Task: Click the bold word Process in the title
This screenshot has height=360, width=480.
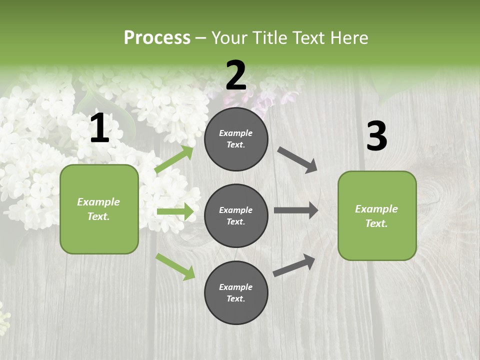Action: click(x=157, y=37)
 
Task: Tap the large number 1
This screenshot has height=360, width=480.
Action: click(x=99, y=129)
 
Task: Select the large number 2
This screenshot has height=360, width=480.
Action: click(x=236, y=75)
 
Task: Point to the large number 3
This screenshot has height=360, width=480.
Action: click(x=376, y=136)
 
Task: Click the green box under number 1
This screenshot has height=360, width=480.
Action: click(x=99, y=209)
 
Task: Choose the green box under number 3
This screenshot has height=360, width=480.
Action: click(x=377, y=215)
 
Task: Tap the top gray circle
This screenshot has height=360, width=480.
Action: click(x=236, y=139)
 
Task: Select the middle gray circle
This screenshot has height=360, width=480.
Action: click(x=236, y=215)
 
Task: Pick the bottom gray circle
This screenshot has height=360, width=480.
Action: click(x=236, y=292)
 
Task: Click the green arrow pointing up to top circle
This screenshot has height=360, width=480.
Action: click(x=174, y=159)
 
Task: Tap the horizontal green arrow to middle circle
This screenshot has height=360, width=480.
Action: click(x=174, y=211)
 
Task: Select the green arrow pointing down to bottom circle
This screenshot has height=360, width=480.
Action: click(x=175, y=266)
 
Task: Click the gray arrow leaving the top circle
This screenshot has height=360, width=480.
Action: click(x=297, y=159)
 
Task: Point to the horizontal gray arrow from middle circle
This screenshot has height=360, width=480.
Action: click(x=296, y=210)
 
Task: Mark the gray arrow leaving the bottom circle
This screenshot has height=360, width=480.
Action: click(x=294, y=265)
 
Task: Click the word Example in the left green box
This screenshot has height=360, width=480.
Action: click(x=98, y=202)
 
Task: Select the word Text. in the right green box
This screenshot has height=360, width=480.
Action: click(x=376, y=223)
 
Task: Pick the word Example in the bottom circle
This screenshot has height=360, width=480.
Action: click(x=236, y=287)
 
